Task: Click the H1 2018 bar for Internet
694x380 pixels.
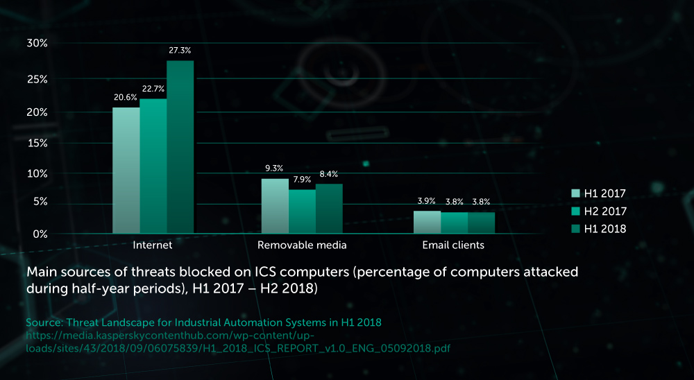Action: pos(180,146)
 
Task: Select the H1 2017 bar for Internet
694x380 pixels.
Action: pos(126,170)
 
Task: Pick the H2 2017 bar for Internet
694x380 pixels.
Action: pos(153,166)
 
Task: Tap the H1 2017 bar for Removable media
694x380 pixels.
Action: pos(275,206)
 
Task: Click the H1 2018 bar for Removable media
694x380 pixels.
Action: pos(329,208)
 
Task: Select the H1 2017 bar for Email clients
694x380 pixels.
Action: pos(427,222)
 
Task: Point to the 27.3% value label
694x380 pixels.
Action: pos(180,51)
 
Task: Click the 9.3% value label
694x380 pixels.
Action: pos(275,169)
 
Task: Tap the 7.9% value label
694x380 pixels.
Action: pos(303,180)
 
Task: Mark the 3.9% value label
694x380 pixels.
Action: pos(427,201)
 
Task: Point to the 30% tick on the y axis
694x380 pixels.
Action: pos(37,43)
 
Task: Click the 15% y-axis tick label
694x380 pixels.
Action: pos(37,143)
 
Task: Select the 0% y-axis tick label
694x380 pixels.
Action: pos(40,234)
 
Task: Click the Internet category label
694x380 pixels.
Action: pos(153,245)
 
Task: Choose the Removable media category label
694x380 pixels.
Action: pos(302,245)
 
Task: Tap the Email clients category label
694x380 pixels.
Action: pos(453,245)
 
